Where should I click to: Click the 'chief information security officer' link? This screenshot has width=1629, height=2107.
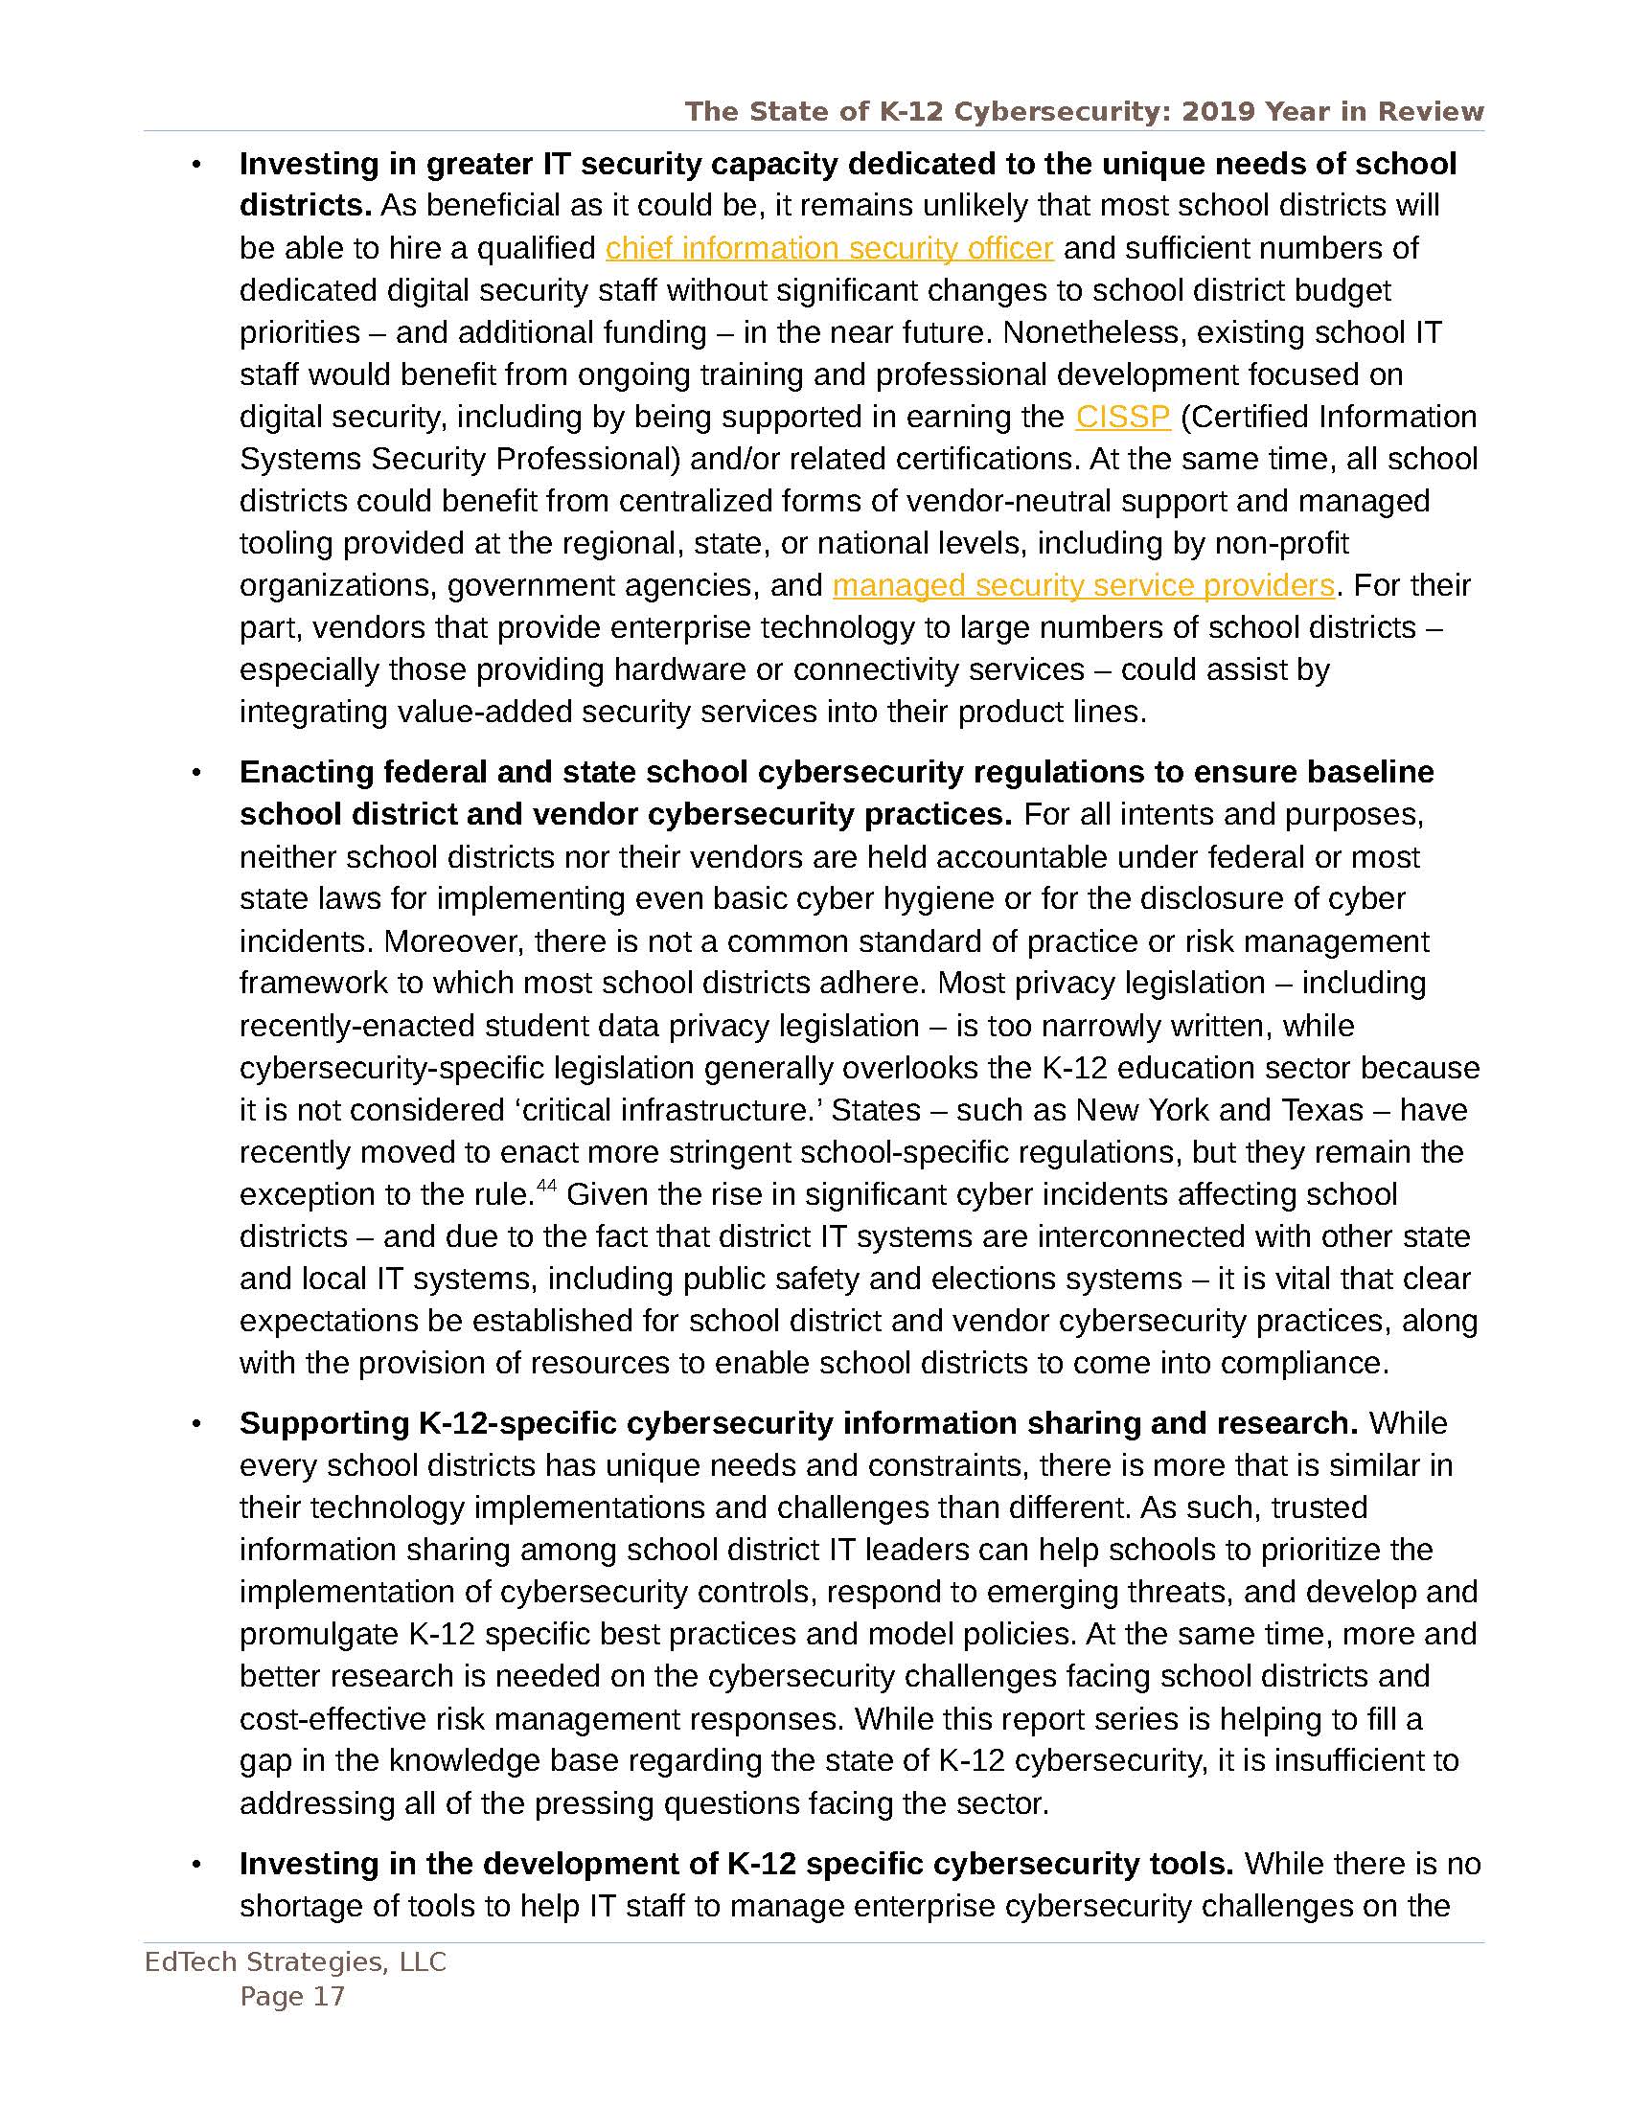828,248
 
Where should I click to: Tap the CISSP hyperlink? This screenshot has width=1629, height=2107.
1122,417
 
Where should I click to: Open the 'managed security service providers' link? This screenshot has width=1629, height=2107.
1083,585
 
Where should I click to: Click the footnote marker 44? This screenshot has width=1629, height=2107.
546,1187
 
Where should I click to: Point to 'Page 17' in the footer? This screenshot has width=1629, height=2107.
292,1996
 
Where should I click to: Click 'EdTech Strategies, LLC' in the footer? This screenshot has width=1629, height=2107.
295,1961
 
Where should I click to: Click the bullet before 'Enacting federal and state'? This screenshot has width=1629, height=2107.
196,773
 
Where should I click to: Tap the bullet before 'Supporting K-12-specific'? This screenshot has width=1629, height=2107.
196,1424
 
